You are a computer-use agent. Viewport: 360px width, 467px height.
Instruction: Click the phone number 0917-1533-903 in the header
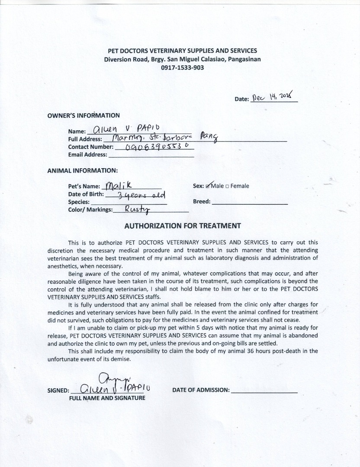coord(182,67)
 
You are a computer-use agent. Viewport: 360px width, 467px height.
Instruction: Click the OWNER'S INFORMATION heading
coord(84,115)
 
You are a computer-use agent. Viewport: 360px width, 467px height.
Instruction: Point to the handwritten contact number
coord(152,147)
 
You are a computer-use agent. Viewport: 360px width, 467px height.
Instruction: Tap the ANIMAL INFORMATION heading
coord(82,171)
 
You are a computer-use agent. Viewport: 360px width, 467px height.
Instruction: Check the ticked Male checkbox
coord(208,186)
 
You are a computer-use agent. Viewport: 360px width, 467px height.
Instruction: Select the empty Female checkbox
coord(227,186)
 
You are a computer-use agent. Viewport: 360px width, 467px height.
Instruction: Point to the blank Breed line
coord(250,202)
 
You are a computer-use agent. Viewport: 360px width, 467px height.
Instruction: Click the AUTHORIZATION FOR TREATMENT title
coord(183,226)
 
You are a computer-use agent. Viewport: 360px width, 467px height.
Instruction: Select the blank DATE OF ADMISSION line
coord(264,390)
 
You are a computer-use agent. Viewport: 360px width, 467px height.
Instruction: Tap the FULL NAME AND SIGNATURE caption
coord(107,398)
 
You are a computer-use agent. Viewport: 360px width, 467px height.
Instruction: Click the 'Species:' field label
coord(79,202)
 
